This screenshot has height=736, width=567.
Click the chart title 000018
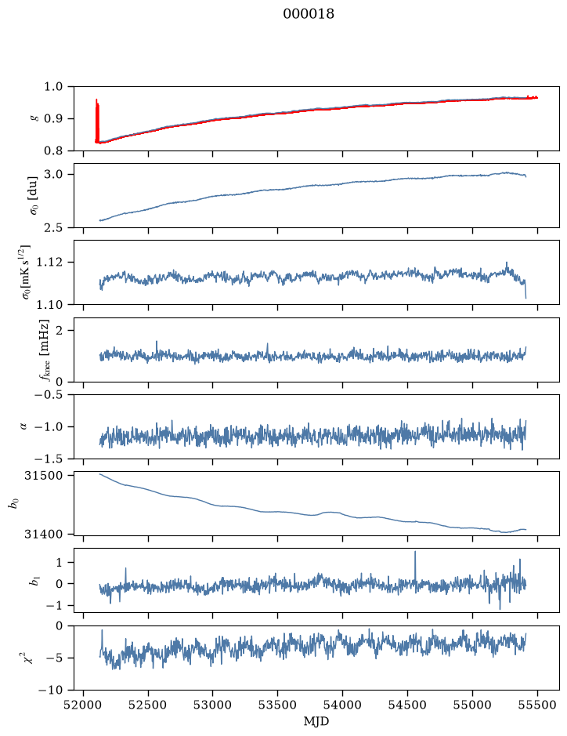tap(309, 14)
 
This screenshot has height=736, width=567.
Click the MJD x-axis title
tap(316, 721)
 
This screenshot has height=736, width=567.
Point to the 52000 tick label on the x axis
tap(84, 705)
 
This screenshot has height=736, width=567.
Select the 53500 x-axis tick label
tap(277, 705)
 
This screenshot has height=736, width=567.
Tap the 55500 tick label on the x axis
tap(537, 705)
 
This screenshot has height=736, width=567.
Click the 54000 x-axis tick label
tap(342, 705)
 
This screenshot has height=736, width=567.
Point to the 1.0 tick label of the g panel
tap(53, 87)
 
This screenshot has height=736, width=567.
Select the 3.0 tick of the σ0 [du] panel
tap(53, 175)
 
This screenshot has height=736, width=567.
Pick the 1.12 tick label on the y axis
tap(49, 262)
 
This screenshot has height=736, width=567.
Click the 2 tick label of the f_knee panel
tap(58, 331)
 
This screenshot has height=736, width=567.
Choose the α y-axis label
tap(23, 426)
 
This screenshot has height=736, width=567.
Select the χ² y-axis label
tap(29, 658)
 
